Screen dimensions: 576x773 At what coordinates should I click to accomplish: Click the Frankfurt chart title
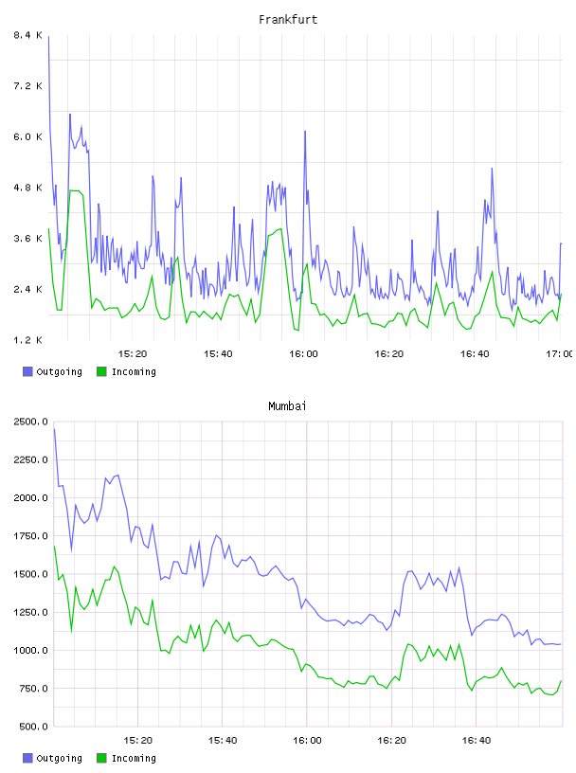[288, 20]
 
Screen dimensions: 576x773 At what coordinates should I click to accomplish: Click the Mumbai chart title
[287, 406]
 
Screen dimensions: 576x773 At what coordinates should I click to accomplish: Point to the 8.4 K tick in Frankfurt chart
[27, 35]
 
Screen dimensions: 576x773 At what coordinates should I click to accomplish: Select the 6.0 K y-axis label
[27, 136]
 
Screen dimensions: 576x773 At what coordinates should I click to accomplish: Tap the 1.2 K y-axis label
[27, 340]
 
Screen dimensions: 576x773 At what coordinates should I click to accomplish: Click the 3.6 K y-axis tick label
[27, 238]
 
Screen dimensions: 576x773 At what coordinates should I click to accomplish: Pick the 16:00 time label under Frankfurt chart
[303, 353]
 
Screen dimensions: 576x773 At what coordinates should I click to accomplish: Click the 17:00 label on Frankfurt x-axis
[559, 353]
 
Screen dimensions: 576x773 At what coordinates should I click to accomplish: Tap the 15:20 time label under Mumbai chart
[137, 740]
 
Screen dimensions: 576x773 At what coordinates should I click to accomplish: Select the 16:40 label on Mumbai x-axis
[476, 740]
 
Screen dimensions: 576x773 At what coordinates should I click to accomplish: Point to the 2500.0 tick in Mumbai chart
[30, 422]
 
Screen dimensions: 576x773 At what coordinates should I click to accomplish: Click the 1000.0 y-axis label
[30, 650]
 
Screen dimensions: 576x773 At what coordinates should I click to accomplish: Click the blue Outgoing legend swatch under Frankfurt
[27, 371]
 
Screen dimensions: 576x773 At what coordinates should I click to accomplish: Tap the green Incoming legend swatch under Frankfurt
[101, 371]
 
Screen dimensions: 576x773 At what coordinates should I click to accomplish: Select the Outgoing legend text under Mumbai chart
[59, 758]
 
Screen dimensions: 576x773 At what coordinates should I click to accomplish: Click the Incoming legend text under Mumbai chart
[134, 758]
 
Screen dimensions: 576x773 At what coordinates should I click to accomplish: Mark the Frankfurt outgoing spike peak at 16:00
[305, 131]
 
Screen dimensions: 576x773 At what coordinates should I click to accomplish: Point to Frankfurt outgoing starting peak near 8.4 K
[48, 37]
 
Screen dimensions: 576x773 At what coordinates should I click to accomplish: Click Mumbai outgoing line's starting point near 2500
[54, 429]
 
